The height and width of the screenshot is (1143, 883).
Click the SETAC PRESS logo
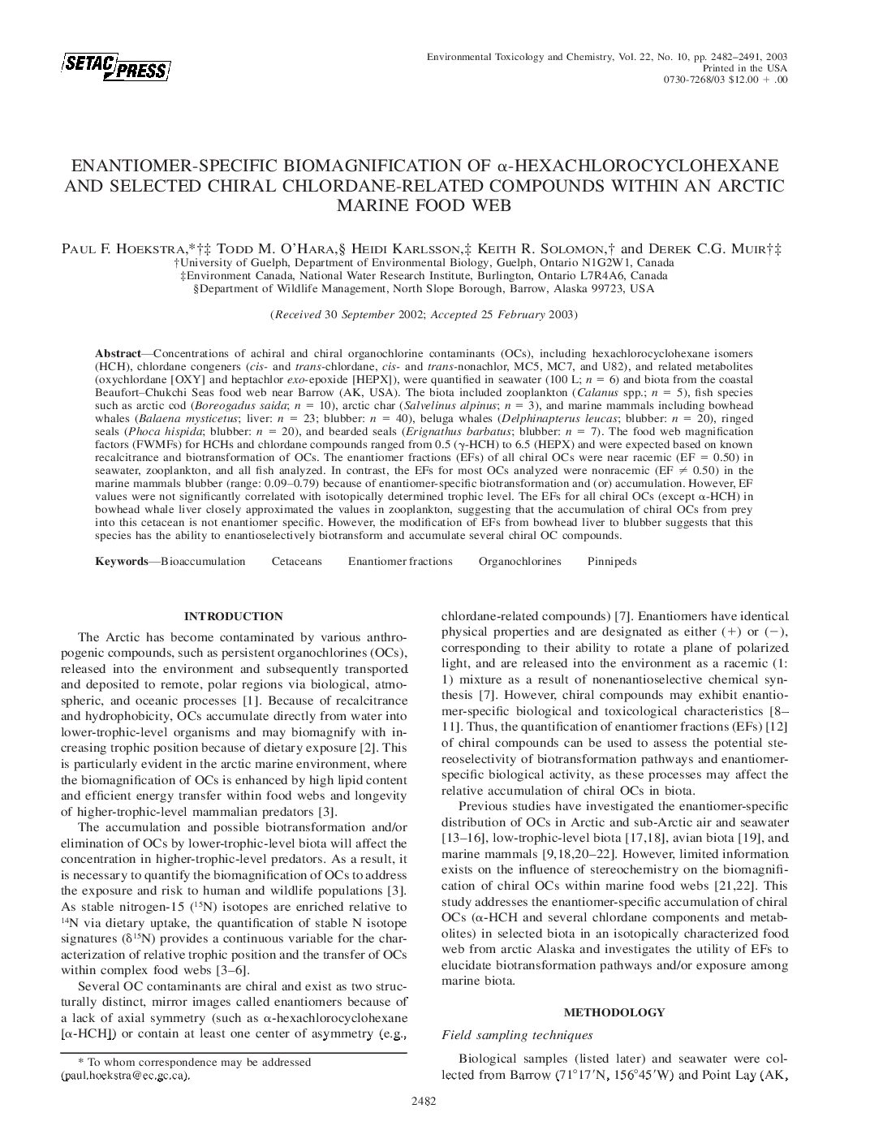coord(114,68)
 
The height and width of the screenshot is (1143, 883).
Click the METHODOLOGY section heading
coord(614,1012)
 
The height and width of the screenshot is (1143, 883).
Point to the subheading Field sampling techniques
coord(516,1035)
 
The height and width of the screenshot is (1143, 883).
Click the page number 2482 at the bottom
coord(424,1102)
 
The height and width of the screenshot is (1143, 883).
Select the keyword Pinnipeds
coord(611,561)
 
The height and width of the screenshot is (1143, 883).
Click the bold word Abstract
coord(118,354)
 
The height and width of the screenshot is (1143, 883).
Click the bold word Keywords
coord(123,561)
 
